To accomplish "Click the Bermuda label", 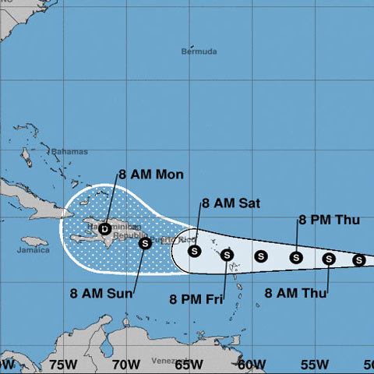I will point(196,52).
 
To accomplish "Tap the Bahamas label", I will point(69,151).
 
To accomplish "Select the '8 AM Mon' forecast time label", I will point(151,175).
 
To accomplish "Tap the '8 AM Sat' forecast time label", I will point(231,203).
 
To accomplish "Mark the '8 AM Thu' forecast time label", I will point(295,294).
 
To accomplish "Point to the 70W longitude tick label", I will point(125,364).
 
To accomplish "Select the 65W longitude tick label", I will point(189,364).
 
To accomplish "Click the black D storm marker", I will point(105,228).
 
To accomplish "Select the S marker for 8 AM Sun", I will point(145,243).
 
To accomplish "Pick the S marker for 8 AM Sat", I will point(195,251).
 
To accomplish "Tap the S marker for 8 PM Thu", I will point(296,257).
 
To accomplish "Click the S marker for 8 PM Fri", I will point(228,254).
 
